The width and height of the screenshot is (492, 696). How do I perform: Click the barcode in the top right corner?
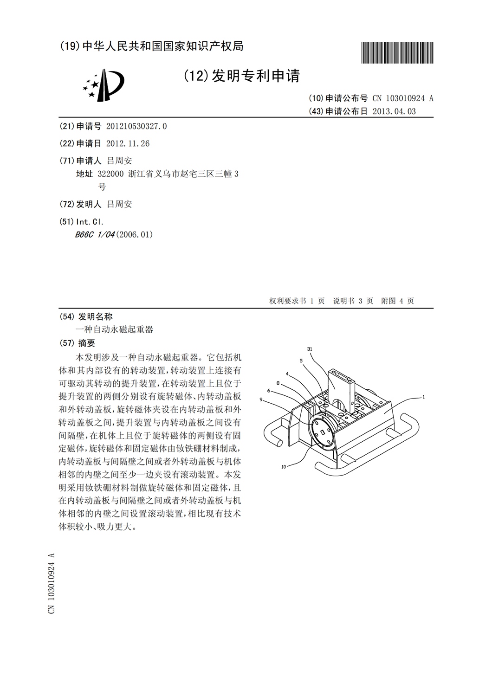click(397, 52)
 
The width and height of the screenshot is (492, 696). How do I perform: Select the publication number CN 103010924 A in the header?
click(402, 98)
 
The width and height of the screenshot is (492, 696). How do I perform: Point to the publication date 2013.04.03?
click(395, 111)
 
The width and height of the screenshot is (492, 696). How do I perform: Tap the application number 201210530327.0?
click(136, 126)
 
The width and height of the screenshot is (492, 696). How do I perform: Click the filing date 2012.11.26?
click(128, 143)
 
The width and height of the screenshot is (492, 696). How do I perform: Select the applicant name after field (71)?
click(119, 161)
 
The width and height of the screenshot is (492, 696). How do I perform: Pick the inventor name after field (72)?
click(119, 204)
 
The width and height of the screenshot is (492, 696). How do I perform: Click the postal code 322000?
click(110, 174)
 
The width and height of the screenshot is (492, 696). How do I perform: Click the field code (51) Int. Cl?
click(82, 222)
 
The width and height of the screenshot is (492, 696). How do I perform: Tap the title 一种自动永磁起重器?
click(114, 330)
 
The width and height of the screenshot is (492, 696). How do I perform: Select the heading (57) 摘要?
click(78, 343)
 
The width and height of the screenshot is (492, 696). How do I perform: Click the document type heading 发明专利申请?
click(256, 76)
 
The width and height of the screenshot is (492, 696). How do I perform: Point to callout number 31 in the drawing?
click(310, 348)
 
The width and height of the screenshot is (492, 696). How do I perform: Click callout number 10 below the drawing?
click(284, 466)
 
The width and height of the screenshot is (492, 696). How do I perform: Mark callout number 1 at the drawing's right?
click(424, 397)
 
